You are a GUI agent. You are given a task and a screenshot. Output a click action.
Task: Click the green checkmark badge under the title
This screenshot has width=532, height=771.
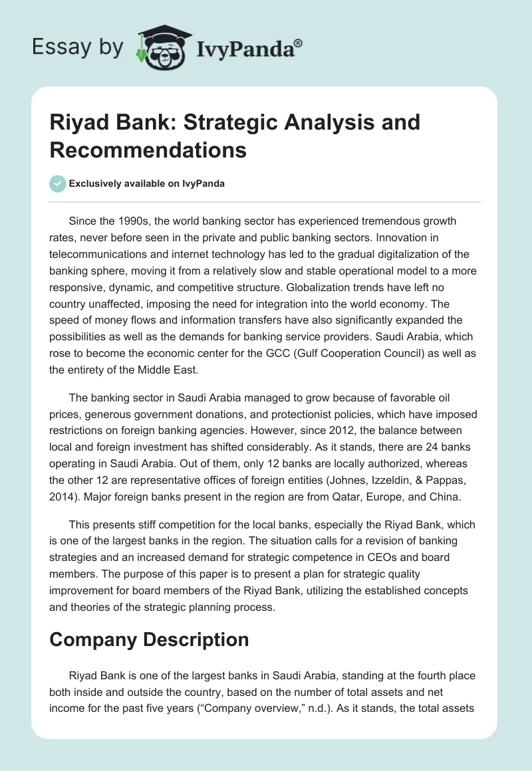[x=58, y=183]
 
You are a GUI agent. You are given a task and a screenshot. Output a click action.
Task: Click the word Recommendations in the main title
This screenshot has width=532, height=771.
[x=148, y=150]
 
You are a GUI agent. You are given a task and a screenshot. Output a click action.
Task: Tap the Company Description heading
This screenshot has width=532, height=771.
[x=149, y=639]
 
